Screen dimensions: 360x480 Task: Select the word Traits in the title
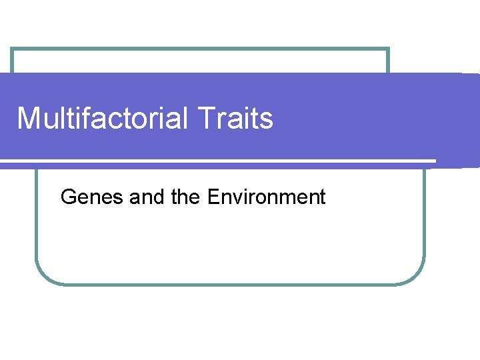pos(236,119)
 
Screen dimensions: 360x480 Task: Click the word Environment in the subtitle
pos(267,197)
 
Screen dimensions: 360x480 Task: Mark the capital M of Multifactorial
pos(28,119)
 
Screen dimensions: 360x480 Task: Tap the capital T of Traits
pos(206,119)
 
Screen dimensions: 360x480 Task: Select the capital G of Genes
pos(68,197)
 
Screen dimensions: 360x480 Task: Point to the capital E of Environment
pos(214,197)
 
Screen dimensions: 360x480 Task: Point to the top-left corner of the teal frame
pos(12,49)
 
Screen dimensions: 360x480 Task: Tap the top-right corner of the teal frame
pos(388,49)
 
